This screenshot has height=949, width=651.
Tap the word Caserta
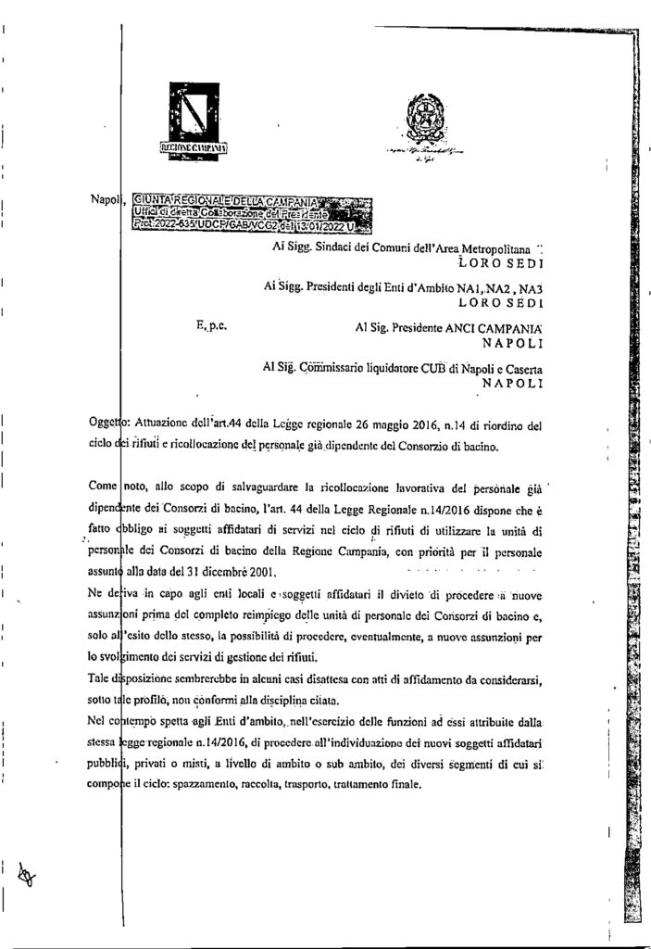click(519, 368)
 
